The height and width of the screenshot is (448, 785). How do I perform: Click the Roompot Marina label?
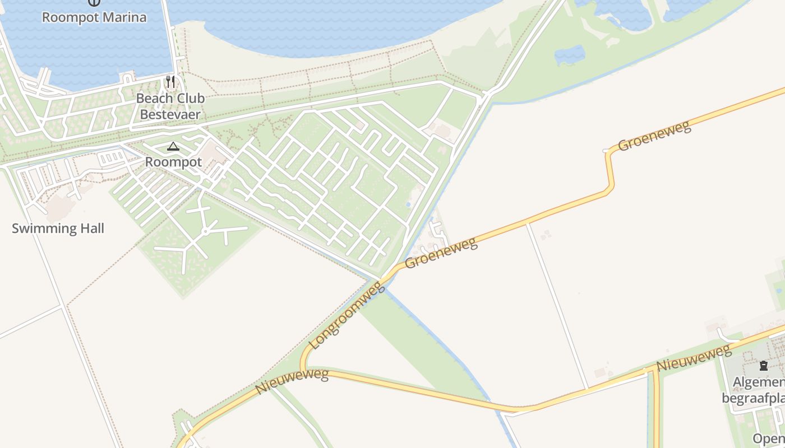coord(94,17)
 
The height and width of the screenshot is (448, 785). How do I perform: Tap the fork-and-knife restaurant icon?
coord(170,82)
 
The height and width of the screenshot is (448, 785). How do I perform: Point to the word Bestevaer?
coord(170,115)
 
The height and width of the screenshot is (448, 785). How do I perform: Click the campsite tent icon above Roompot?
coord(173,147)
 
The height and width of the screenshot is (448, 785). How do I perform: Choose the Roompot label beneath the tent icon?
coord(173,162)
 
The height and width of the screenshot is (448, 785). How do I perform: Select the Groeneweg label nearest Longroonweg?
coord(441,253)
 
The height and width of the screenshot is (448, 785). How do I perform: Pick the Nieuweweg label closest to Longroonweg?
coord(292,381)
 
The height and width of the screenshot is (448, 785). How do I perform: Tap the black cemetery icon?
coord(763,366)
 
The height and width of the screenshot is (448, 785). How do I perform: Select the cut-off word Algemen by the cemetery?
coord(758,383)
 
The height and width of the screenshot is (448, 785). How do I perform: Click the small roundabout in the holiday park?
coord(206,231)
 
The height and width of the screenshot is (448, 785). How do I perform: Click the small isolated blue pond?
coord(570,55)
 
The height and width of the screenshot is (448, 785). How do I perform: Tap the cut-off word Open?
coord(769,438)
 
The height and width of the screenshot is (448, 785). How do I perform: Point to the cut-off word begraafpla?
coord(752,399)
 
